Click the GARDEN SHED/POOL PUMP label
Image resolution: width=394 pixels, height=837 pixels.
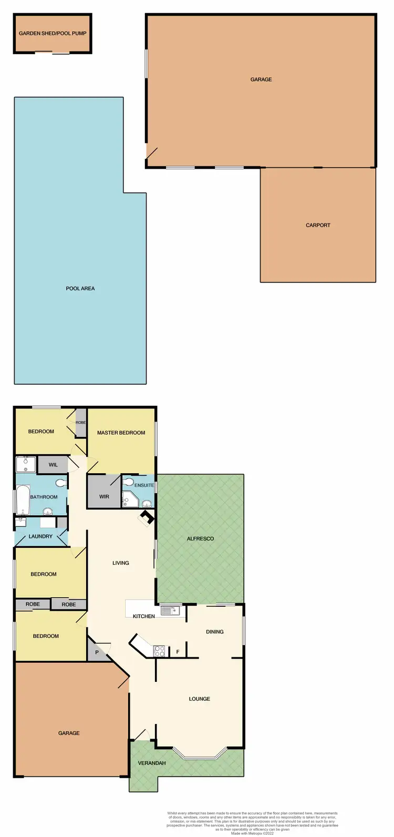(x=53, y=33)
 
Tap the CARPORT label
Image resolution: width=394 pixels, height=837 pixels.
(x=318, y=225)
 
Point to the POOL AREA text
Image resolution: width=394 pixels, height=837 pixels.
(x=80, y=289)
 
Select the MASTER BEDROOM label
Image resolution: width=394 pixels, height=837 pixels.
(x=121, y=433)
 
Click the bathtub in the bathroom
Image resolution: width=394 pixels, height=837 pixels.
(x=22, y=499)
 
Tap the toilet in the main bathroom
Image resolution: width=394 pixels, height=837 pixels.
(x=61, y=482)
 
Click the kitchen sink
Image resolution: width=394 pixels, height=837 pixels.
(x=170, y=610)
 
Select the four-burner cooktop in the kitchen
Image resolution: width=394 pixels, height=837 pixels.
(x=159, y=651)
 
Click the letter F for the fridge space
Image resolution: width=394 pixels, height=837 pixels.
(x=178, y=652)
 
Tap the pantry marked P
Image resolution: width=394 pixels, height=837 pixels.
(x=97, y=652)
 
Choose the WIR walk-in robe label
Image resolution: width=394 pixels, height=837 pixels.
(x=104, y=496)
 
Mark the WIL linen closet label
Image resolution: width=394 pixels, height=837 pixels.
(x=53, y=465)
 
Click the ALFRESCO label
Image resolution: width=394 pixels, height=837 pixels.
(x=200, y=539)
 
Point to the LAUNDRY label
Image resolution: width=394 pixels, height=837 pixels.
(x=40, y=536)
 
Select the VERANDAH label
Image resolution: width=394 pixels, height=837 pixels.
(x=152, y=763)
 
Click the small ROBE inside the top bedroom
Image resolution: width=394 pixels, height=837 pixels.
(x=80, y=423)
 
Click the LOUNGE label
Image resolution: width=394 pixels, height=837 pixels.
(x=199, y=699)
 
